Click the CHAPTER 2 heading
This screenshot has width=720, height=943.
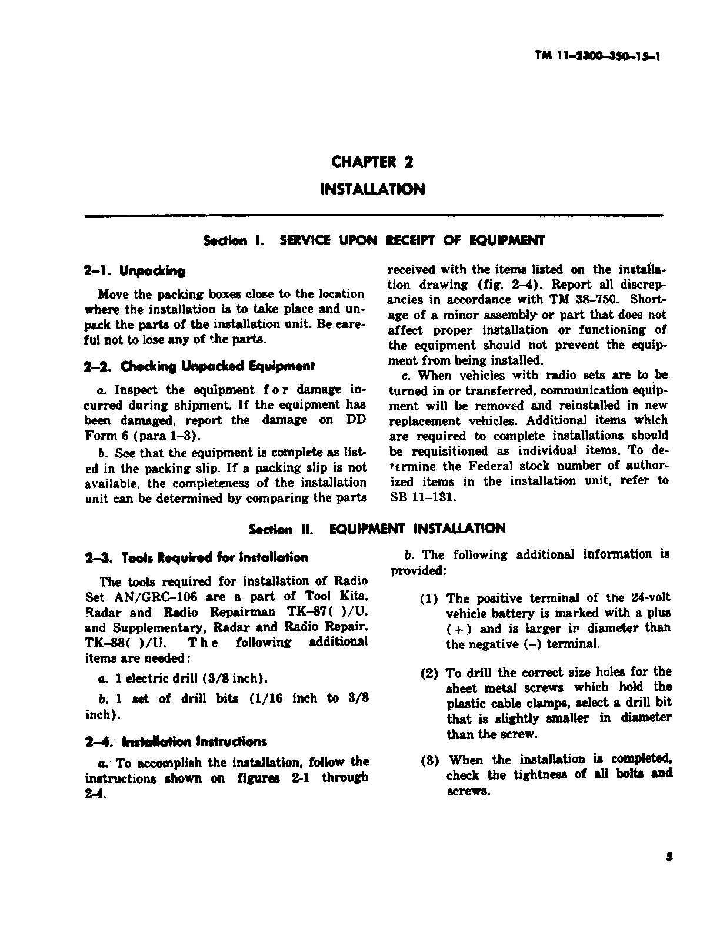click(x=372, y=162)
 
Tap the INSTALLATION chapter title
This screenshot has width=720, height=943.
click(x=372, y=189)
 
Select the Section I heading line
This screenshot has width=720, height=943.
click(x=374, y=240)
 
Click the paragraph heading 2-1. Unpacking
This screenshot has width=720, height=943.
click(x=135, y=271)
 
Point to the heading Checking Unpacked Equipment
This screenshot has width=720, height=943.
click(x=200, y=366)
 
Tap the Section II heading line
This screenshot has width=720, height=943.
click(x=377, y=529)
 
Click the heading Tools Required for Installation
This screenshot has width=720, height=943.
click(x=196, y=557)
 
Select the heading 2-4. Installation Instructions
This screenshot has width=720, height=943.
click(x=176, y=741)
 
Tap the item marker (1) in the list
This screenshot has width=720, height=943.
click(x=429, y=599)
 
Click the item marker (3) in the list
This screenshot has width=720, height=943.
click(x=429, y=760)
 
